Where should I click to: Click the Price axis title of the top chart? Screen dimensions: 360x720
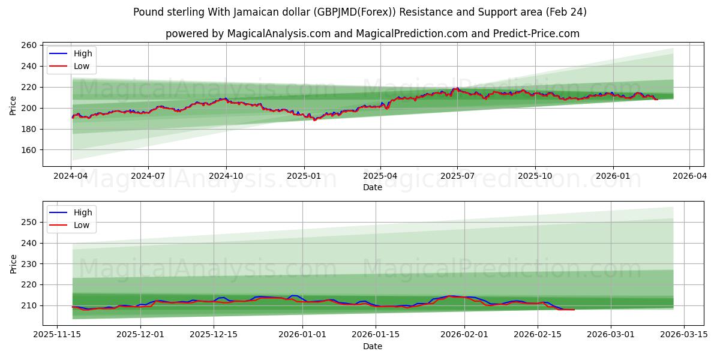13,105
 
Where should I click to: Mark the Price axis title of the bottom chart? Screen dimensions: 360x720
13,263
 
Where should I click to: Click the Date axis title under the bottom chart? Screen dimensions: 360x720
373,346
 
